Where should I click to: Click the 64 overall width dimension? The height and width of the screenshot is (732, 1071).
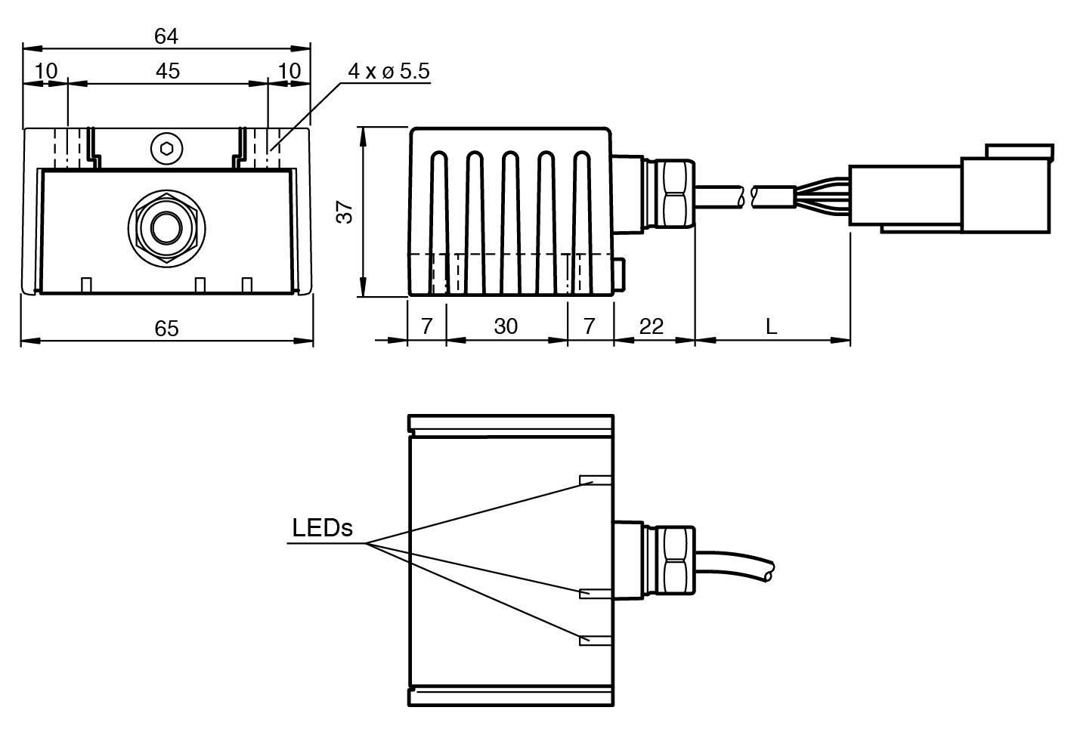[x=166, y=36]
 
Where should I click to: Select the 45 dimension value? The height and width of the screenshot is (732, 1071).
[x=168, y=70]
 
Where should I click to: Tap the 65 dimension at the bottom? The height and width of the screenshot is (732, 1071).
[x=166, y=328]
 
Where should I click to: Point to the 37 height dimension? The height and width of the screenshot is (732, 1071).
[x=345, y=212]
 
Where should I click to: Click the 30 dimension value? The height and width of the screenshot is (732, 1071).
[x=506, y=326]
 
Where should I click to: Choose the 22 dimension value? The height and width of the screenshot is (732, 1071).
[x=652, y=326]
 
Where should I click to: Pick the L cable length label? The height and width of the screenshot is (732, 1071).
[x=771, y=326]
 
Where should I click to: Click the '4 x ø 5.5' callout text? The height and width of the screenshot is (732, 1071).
[x=388, y=71]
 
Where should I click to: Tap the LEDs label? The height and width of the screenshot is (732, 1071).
[x=323, y=528]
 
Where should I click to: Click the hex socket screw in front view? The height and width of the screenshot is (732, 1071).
[x=166, y=147]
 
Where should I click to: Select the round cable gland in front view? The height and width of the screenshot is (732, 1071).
[x=164, y=227]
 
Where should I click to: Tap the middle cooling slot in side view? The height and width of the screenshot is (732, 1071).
[x=511, y=219]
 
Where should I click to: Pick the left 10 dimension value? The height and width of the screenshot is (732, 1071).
[x=46, y=70]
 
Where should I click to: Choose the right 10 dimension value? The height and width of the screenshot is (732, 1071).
[x=289, y=70]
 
